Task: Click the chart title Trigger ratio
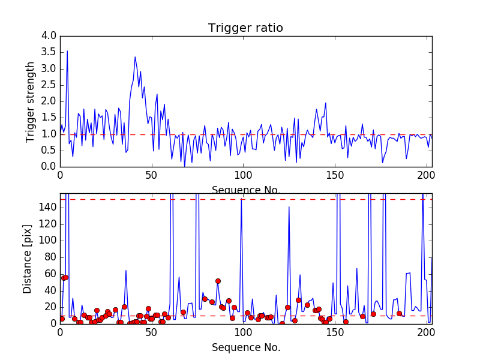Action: [245, 28]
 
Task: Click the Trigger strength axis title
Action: [29, 102]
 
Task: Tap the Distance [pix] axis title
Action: [27, 259]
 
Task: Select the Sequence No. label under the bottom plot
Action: [246, 347]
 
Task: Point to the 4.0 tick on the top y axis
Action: [49, 35]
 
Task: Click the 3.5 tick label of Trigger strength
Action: [49, 52]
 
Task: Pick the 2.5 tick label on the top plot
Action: [49, 85]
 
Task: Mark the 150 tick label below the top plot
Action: [335, 175]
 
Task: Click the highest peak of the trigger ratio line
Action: [67, 51]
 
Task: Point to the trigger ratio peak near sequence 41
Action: [135, 57]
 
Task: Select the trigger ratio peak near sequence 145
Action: [326, 103]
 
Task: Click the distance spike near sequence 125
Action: [289, 207]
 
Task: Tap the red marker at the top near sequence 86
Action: [218, 281]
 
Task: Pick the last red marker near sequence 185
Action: [399, 313]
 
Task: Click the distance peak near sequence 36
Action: [126, 271]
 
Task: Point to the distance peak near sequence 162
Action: [357, 268]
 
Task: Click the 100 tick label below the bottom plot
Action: [243, 332]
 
